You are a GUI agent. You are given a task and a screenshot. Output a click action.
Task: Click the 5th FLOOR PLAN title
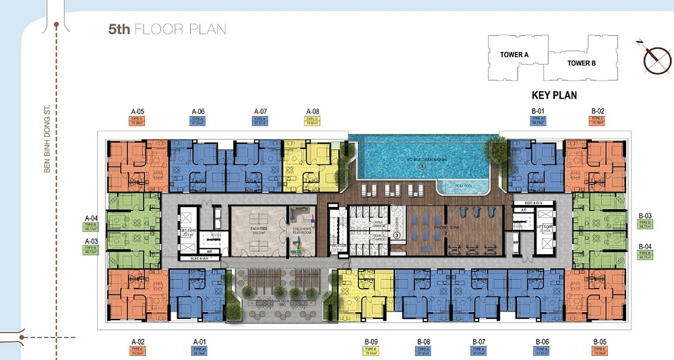[167, 29]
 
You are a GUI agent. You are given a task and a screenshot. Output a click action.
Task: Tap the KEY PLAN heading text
[554, 96]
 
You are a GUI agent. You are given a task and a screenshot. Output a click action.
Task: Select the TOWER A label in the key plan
[514, 55]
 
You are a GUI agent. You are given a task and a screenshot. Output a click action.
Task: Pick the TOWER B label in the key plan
[582, 63]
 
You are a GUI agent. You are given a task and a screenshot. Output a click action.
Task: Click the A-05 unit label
[138, 111]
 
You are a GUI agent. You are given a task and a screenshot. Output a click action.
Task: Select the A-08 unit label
[313, 111]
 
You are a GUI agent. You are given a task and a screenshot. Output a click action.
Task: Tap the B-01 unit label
[538, 111]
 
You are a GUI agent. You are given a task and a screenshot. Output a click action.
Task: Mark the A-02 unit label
[138, 341]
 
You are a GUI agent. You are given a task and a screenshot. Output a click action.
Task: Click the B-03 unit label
[644, 214]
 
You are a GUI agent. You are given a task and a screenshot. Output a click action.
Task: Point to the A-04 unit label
[92, 217]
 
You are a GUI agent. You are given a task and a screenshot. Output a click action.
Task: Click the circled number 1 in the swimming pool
[422, 165]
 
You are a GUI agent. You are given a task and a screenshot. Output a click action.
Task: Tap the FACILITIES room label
[258, 229]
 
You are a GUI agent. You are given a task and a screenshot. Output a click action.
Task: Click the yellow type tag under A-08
[313, 121]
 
